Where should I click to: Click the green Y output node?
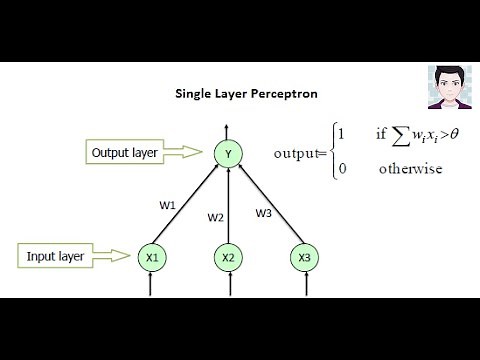[229, 153]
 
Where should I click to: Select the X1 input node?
[152, 258]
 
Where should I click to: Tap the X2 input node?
[229, 258]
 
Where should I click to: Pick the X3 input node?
[304, 258]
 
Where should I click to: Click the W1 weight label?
[167, 205]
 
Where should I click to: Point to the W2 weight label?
[216, 217]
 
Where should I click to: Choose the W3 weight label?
[264, 212]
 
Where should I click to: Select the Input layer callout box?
[57, 256]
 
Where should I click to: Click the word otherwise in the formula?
[410, 168]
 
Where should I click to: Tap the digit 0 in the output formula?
[342, 168]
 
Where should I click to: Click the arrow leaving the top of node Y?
[229, 131]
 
